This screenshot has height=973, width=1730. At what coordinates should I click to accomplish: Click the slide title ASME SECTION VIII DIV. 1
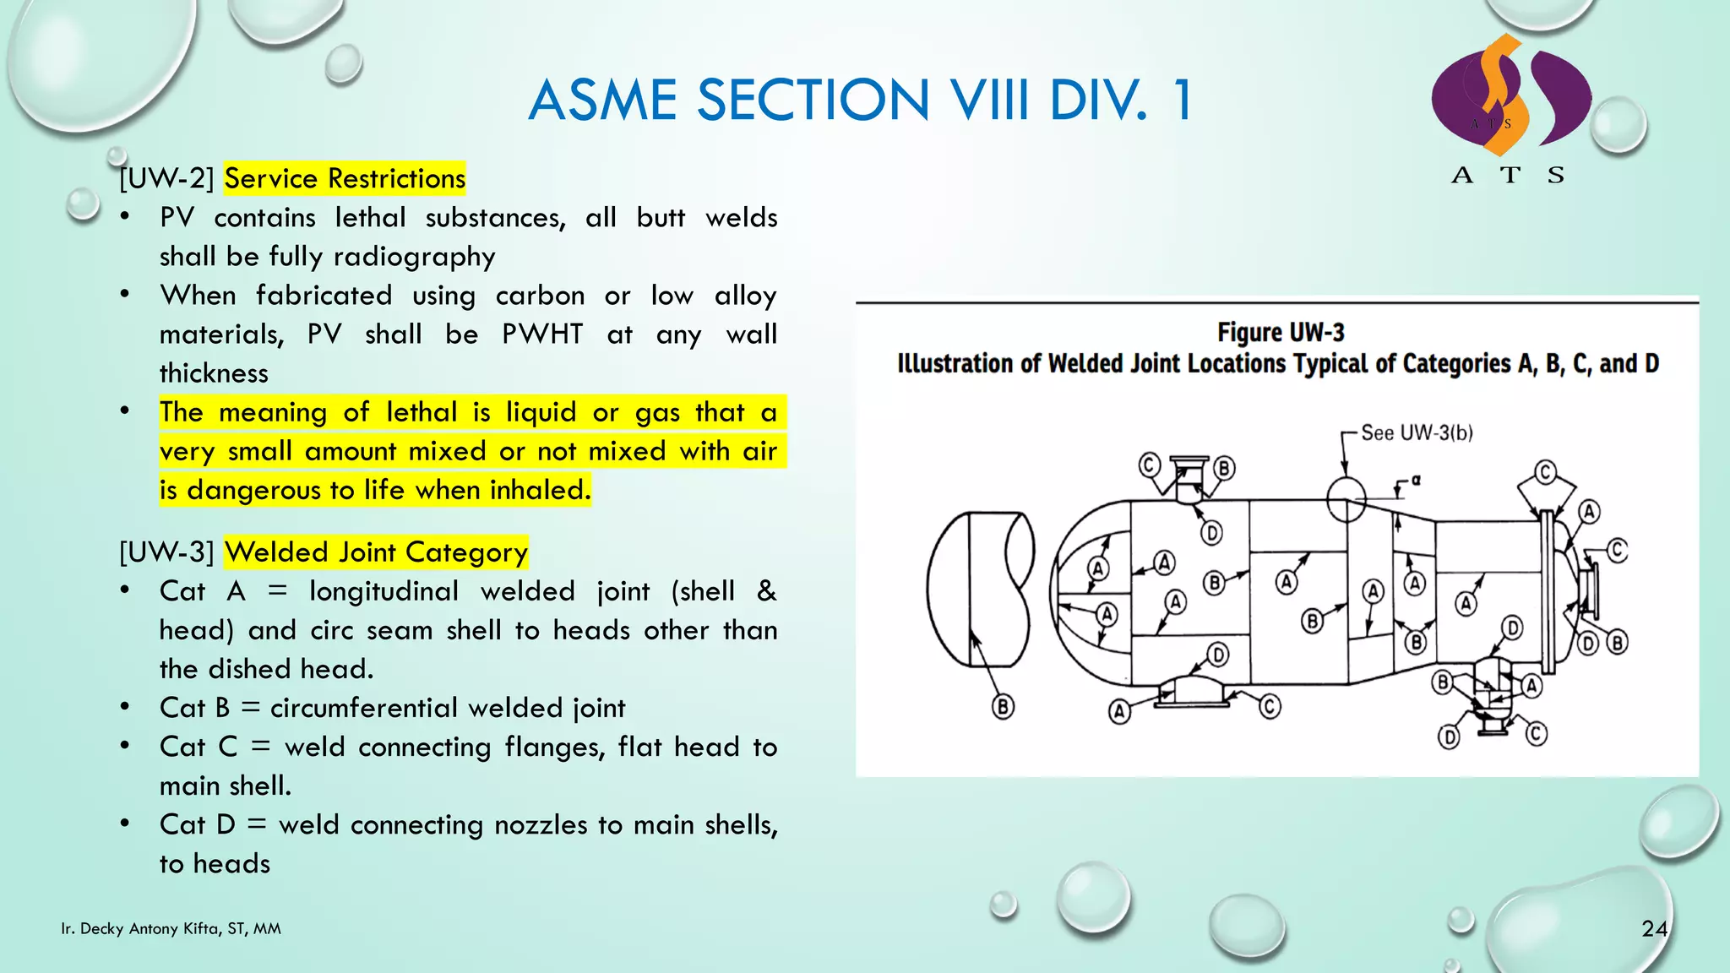point(860,100)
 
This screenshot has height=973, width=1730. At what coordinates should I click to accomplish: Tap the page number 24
point(1654,929)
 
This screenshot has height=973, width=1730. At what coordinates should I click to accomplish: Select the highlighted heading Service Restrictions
point(345,178)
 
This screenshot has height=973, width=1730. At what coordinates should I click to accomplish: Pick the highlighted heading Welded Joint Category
point(376,552)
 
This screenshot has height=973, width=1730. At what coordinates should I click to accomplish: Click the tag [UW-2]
point(166,178)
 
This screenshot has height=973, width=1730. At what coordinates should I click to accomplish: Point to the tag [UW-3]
point(166,552)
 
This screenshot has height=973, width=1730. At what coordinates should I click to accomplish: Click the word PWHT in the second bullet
point(542,334)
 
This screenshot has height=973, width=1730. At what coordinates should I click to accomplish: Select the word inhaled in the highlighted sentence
point(540,490)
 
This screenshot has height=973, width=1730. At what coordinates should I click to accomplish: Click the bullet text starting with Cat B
point(393,708)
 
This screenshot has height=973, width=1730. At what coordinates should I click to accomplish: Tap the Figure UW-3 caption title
point(1281,333)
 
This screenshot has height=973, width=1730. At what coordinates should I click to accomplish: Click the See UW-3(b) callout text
point(1417,433)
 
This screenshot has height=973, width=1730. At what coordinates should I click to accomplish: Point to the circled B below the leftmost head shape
point(1003,706)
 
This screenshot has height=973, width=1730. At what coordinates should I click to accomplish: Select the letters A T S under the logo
point(1509,176)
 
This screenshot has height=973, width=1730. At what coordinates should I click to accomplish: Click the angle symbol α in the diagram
point(1417,480)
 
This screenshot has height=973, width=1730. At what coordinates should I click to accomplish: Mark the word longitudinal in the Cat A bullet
point(384,591)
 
